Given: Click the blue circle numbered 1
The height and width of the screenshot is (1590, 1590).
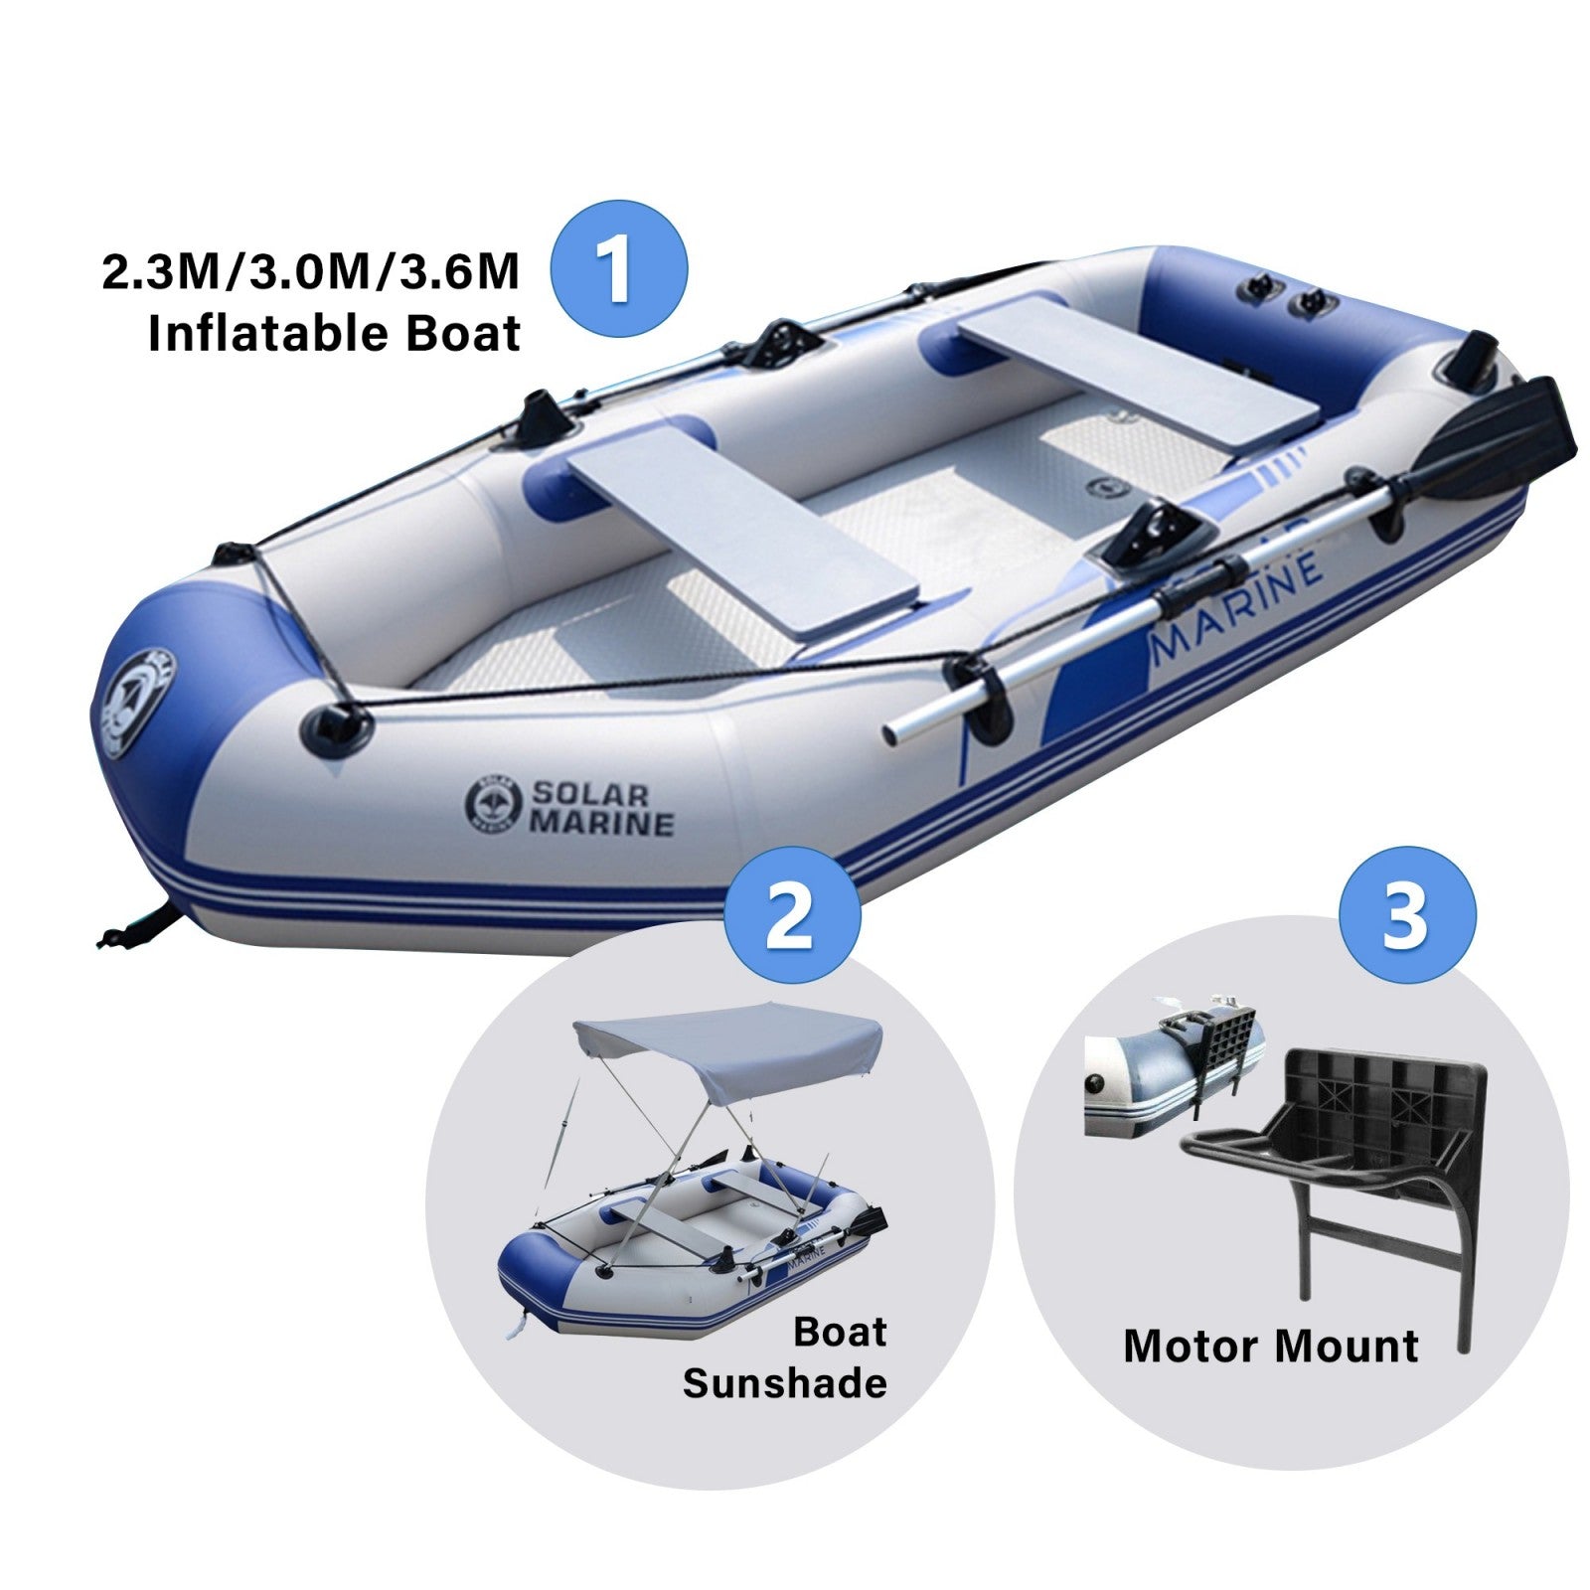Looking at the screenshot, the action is click(618, 268).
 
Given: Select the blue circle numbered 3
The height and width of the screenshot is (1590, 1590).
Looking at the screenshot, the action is click(1407, 914).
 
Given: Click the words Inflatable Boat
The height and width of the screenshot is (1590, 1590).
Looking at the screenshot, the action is click(334, 333).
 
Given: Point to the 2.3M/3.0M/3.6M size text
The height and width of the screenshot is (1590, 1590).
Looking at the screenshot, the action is click(311, 270).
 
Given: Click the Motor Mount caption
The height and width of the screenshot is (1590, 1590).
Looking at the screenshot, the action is click(1271, 1347).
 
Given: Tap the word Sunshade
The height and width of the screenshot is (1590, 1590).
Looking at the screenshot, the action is click(784, 1382).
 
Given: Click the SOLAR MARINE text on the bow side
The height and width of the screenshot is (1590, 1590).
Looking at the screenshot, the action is click(601, 809).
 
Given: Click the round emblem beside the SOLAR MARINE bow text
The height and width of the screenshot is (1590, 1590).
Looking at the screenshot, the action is click(493, 803).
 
